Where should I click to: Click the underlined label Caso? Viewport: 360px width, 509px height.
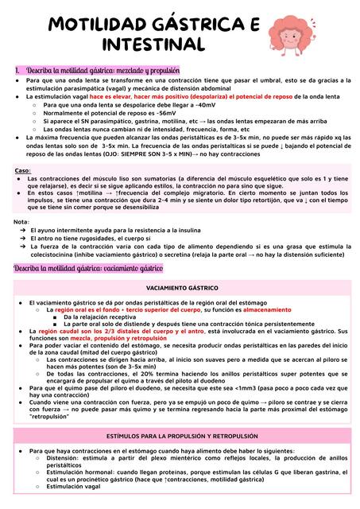coord(23,171)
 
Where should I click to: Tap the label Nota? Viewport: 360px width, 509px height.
coord(21,221)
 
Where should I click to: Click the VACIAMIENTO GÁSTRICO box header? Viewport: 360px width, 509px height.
coord(180,286)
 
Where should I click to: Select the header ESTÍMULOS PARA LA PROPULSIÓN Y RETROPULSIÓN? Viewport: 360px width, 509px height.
coord(180,436)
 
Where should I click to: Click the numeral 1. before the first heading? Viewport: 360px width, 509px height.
coord(17,70)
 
